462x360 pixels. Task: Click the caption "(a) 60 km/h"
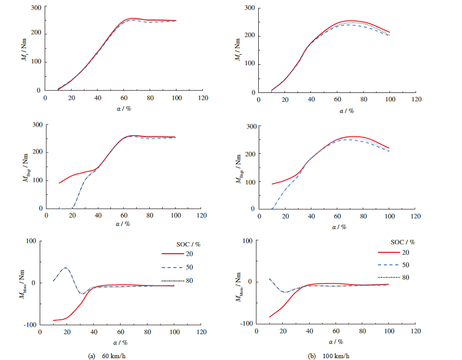pos(105,356)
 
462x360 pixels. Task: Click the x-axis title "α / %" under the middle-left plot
pos(123,224)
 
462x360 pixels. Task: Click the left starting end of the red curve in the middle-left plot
pos(59,183)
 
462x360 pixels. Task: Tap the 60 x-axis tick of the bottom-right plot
pos(336,331)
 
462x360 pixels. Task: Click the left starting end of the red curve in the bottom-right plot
pos(269,317)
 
